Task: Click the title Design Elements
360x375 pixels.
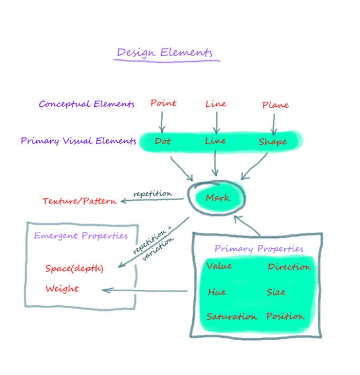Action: click(x=165, y=53)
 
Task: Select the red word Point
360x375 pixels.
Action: click(x=163, y=103)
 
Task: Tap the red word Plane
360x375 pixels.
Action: click(x=275, y=105)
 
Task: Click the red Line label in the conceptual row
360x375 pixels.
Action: click(x=216, y=103)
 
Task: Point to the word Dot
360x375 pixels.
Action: click(x=162, y=141)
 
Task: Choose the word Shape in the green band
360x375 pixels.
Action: click(x=272, y=141)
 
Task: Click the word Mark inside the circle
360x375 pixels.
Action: click(x=218, y=198)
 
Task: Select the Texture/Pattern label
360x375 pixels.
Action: click(x=79, y=201)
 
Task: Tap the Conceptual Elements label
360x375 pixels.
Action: click(x=87, y=104)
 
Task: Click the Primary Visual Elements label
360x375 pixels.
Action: click(x=78, y=141)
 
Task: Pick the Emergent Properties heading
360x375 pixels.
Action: click(x=81, y=236)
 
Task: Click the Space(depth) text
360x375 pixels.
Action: click(x=74, y=268)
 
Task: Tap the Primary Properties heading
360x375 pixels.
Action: click(x=259, y=249)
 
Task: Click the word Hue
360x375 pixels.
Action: click(x=217, y=292)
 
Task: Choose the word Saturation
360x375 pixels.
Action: click(x=231, y=317)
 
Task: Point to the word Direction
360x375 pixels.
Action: click(x=289, y=266)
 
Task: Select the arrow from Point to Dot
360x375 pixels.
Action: click(x=162, y=122)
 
